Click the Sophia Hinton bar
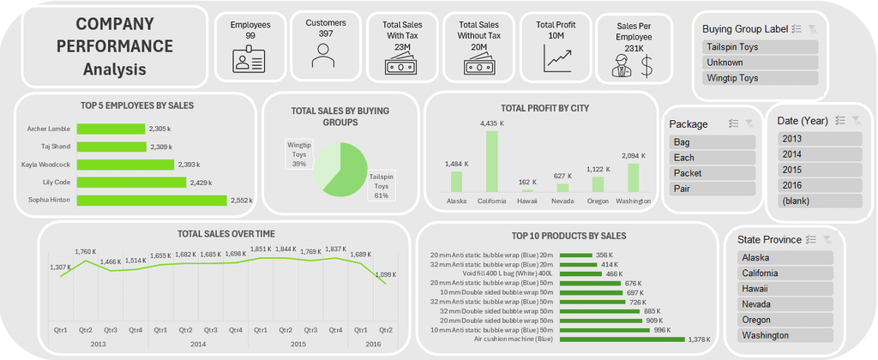152,200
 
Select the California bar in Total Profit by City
491,161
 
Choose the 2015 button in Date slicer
819,170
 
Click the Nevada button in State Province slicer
785,304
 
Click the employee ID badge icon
250,60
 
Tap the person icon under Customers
322,57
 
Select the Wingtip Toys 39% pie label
299,154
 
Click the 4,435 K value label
491,123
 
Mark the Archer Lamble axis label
48,129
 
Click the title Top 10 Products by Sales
568,235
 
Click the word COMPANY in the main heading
115,25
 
